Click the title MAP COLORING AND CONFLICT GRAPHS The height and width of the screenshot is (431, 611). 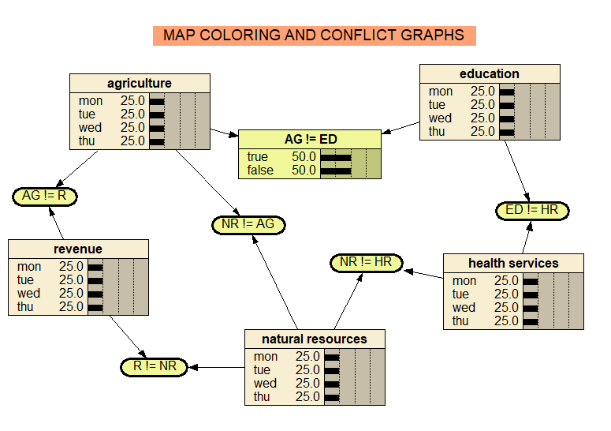point(314,36)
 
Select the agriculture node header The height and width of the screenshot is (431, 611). point(140,83)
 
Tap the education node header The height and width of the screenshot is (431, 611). point(490,73)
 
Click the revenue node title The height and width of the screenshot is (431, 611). point(78,249)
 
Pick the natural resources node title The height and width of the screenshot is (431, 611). point(315,339)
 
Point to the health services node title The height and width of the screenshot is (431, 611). point(513,263)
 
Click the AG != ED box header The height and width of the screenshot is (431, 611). point(311,139)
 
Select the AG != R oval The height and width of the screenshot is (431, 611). point(45,196)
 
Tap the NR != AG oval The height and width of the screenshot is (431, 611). point(248,224)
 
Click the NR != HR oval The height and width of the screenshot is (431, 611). point(366,262)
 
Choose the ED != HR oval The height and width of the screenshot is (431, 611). point(532,210)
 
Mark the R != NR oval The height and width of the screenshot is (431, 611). point(155,366)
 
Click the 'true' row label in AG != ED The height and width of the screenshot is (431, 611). point(258,157)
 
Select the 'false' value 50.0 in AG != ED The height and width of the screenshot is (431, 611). point(304,170)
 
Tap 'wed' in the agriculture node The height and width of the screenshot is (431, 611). point(90,127)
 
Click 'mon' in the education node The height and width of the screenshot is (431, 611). point(441,92)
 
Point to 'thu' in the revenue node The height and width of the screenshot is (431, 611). point(28,306)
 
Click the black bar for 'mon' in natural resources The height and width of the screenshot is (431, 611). point(331,357)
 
